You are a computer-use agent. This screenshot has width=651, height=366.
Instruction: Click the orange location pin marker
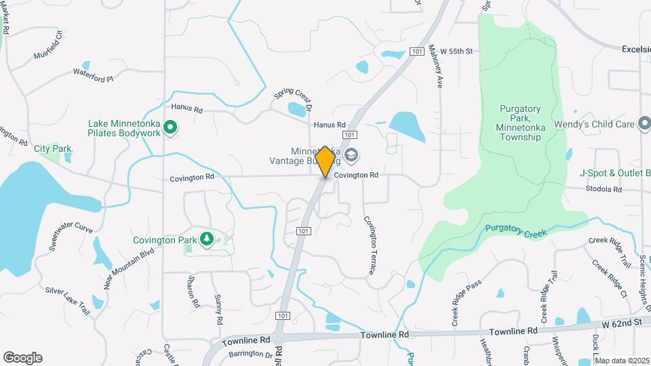[325, 162]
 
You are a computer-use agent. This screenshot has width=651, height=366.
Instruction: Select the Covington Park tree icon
[207, 239]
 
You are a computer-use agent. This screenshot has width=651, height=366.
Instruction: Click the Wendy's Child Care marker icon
[642, 124]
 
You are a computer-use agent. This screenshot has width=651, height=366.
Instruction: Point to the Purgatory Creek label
[515, 231]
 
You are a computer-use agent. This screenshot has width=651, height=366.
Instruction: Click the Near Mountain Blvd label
[129, 268]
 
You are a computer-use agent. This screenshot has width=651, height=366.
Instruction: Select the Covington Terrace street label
[370, 245]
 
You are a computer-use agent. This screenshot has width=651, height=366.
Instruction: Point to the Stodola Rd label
[604, 189]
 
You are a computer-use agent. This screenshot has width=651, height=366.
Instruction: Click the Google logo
[22, 357]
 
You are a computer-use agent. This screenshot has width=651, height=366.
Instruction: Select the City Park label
[52, 148]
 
